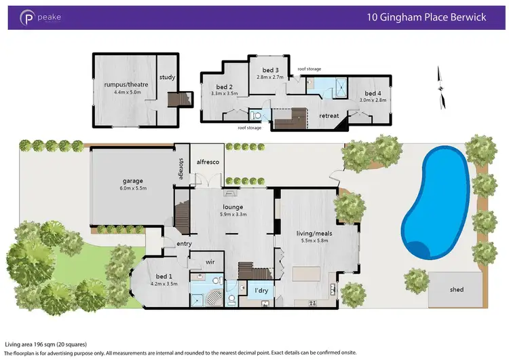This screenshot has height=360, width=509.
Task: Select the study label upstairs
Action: [167, 77]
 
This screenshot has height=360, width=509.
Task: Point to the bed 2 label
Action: [225, 87]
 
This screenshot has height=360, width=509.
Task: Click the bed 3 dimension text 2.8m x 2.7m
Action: [270, 78]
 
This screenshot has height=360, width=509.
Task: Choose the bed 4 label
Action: [373, 93]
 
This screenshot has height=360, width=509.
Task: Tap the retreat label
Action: [329, 115]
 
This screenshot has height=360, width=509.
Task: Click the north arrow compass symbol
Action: [442, 86]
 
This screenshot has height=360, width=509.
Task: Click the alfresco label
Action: [206, 162]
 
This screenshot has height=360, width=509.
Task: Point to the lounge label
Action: [233, 207]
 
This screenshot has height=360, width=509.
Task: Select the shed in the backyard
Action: [456, 289]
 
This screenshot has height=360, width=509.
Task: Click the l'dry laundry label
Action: [259, 291]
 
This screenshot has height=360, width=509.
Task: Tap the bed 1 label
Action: [165, 276]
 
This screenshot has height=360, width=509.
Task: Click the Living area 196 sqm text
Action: [45, 344]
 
